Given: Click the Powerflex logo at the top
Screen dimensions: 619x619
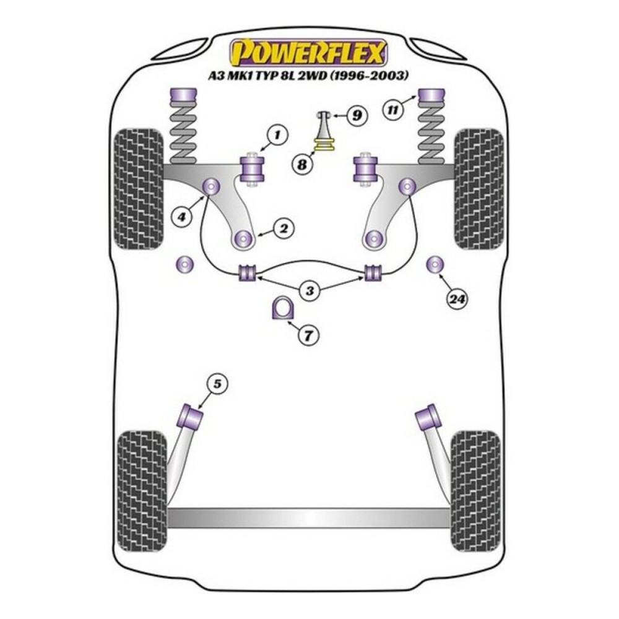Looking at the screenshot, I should coord(308,52).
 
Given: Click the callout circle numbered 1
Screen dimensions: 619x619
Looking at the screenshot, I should coord(278,134).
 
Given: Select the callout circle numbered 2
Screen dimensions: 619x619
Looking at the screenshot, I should coord(284,230).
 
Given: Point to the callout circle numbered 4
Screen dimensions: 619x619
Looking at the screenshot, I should coord(183,217).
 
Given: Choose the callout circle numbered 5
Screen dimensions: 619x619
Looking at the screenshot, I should coord(216,384).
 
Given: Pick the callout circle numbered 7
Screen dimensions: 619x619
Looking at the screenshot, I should coord(308,336).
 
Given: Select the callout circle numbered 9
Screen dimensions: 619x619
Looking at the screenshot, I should coord(356,115).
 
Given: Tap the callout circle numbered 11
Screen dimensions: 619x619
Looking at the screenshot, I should coord(391,110).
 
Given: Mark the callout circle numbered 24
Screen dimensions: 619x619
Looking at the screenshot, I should coord(457,300).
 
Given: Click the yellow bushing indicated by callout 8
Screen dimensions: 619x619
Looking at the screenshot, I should coord(324,146).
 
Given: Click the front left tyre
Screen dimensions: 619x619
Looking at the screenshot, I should coord(140,188).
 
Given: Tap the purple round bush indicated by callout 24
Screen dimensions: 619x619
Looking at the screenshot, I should coord(436,264).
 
